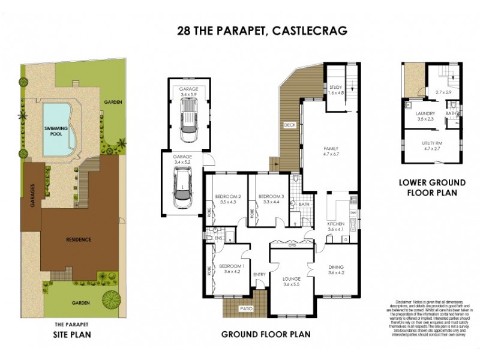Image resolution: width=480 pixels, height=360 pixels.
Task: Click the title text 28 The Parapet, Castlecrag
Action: (262, 31)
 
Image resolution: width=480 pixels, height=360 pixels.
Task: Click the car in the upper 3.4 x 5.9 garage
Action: (188, 119)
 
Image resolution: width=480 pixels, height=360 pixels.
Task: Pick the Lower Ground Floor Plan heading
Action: (428, 187)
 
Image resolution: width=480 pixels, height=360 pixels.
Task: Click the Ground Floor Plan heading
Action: (266, 334)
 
